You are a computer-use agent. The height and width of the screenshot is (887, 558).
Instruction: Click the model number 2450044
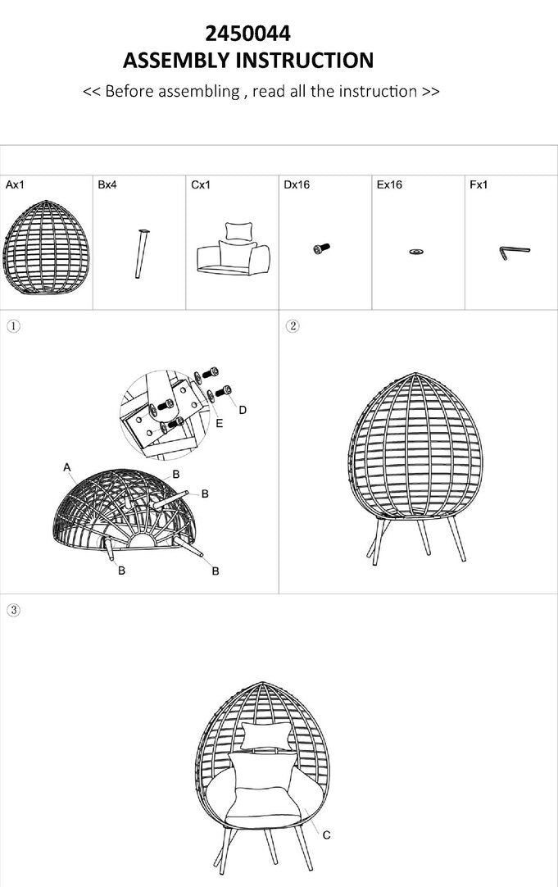coord(247,34)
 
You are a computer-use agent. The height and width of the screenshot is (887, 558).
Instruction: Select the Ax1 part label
coord(15,184)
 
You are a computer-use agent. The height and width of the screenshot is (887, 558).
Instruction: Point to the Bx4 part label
coord(107,184)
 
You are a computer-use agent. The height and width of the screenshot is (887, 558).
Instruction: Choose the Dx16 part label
coord(297,184)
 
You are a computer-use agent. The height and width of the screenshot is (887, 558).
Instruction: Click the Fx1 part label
coord(479,184)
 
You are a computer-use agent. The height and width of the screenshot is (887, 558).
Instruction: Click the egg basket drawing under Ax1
coord(46,248)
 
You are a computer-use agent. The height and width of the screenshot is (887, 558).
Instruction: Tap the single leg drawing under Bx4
coord(141,253)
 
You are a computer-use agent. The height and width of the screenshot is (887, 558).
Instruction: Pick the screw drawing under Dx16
coord(321,248)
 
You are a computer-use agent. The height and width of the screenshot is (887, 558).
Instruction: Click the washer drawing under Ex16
coord(417,251)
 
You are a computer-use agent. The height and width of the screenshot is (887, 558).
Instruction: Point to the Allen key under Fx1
coord(514,251)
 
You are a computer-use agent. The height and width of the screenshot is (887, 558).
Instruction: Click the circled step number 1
coord(14,326)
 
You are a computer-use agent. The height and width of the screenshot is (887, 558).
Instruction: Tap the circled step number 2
coord(293,326)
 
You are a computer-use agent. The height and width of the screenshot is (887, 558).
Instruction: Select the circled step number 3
coord(14,610)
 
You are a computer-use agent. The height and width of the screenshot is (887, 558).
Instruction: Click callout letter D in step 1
coord(243,410)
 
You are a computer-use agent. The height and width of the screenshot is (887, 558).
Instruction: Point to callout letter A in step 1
coord(67,467)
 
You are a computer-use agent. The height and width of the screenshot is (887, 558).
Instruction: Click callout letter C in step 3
coord(326,835)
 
